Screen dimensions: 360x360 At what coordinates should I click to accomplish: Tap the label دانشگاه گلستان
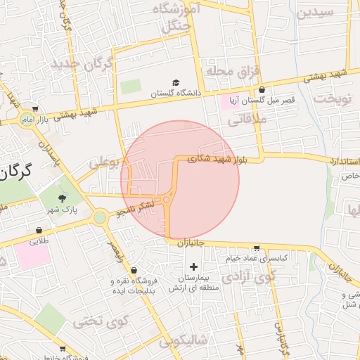[x=176, y=93]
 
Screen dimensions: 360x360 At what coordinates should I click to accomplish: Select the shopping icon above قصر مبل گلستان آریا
[x=262, y=90]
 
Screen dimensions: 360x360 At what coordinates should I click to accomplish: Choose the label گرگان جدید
[x=81, y=65]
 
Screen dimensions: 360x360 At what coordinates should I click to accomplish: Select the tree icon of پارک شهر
[x=62, y=198]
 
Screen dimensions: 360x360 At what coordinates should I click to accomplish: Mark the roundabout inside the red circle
[x=167, y=200]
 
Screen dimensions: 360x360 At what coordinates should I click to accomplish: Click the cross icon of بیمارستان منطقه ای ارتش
[x=194, y=266]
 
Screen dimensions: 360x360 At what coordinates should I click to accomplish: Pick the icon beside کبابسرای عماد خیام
[x=257, y=247]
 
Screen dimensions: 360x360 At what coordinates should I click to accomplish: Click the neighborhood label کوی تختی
[x=103, y=323]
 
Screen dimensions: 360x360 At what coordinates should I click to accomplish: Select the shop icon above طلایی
[x=39, y=230]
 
